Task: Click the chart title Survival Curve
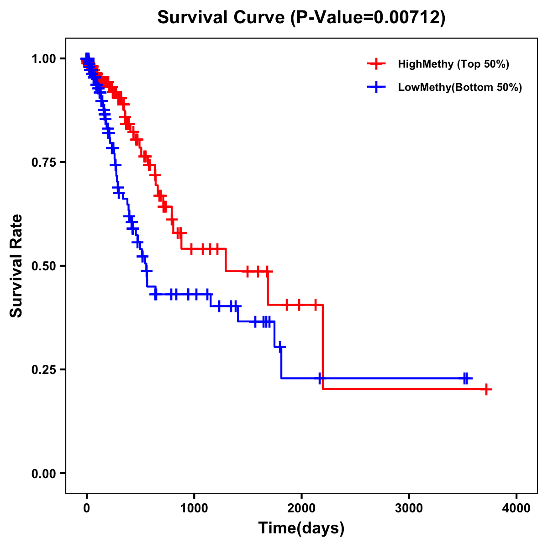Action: (x=222, y=18)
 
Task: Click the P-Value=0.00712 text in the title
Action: (x=369, y=18)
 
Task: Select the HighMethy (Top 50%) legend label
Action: (x=453, y=64)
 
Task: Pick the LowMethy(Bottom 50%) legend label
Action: (x=460, y=87)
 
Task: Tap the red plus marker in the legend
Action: (x=376, y=64)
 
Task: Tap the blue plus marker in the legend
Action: (x=376, y=87)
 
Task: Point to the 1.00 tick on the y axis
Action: (x=44, y=58)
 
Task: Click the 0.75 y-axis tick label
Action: (x=44, y=162)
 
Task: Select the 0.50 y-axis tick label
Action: (x=44, y=266)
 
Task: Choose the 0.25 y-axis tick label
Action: (x=44, y=369)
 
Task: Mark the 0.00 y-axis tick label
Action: (x=44, y=473)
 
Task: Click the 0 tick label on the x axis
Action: (x=87, y=508)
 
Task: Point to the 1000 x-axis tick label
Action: (x=194, y=508)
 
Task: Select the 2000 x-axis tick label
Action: (x=301, y=508)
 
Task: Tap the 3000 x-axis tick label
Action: (x=409, y=508)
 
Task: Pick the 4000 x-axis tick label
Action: (x=516, y=508)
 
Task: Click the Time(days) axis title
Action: (x=301, y=528)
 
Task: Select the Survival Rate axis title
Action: (x=16, y=266)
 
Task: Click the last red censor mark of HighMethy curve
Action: (x=486, y=390)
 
